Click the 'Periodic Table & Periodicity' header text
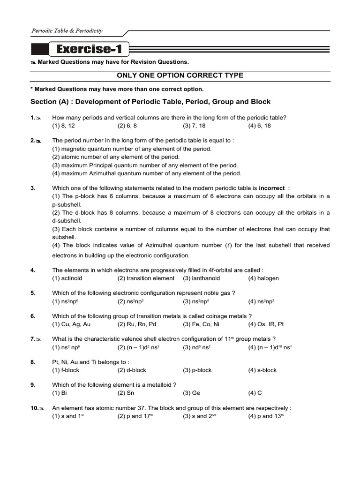coord(67,31)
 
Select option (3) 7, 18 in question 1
coord(194,126)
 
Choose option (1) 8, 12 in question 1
coord(63,126)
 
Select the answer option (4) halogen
coord(263,278)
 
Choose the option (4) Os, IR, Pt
coord(266,324)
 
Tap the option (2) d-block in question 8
coord(132,370)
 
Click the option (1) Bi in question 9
coord(60,393)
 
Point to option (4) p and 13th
coord(266,416)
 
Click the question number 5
coord(33,293)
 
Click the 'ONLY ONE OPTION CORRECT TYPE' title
coord(180,75)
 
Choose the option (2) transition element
coord(146,278)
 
